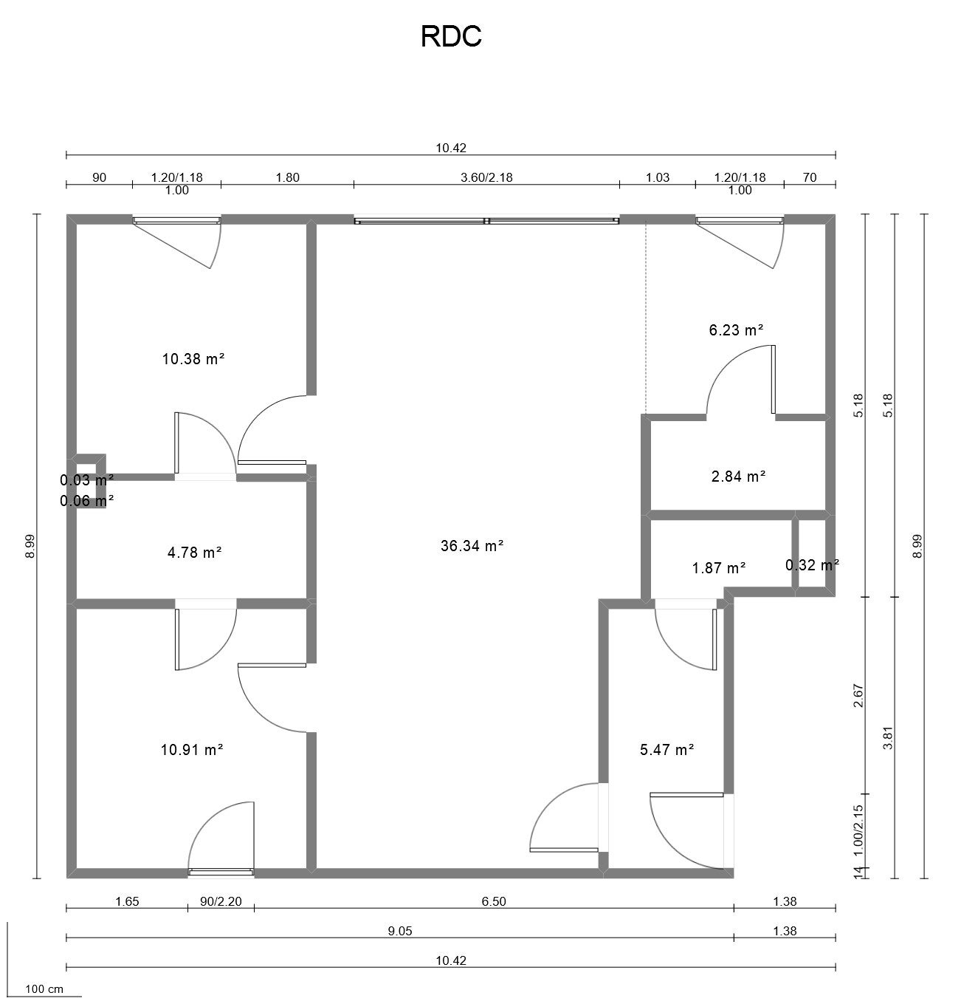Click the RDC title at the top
pos(451,36)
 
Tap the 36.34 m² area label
pos(472,546)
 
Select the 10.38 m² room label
pos(193,360)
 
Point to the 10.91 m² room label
pos(192,750)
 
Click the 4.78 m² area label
pos(195,552)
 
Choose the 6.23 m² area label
pos(736,330)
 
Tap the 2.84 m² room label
pos(738,477)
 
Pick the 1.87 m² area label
pos(719,568)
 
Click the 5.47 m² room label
pos(666,750)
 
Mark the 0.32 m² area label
pos(812,565)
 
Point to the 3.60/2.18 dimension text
pos(486,177)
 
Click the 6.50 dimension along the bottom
pos(494,901)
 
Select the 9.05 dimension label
pos(400,931)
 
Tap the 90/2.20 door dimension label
pos(221,901)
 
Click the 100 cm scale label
pos(44,988)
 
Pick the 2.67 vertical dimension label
pos(858,695)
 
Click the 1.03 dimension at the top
pos(658,177)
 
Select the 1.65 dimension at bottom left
pos(127,901)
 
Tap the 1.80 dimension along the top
pos(287,177)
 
